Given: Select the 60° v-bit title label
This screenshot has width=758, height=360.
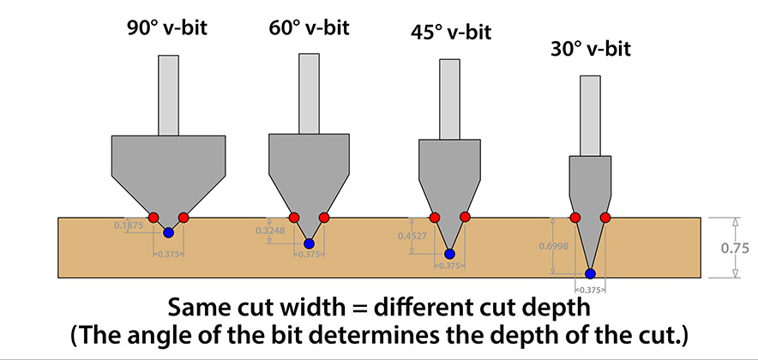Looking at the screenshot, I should [309, 26].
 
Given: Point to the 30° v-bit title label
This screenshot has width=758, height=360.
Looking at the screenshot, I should [590, 49].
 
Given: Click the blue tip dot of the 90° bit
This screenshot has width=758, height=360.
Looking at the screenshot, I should [168, 231].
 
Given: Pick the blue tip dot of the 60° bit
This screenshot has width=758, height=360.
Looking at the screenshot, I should [309, 244].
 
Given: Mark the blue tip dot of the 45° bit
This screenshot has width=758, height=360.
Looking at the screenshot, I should [450, 254].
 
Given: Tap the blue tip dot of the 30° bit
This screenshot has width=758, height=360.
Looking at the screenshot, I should [590, 274].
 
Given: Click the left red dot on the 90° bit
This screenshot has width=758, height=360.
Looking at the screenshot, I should [153, 217].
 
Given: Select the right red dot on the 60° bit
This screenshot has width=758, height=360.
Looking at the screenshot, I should [324, 217].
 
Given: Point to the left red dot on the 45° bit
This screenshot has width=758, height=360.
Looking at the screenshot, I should [435, 217].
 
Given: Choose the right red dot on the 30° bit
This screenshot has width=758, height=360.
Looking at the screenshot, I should [605, 218].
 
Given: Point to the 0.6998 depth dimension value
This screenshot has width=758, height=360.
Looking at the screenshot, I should [554, 246].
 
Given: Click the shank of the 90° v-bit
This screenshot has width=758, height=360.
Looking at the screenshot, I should [168, 94].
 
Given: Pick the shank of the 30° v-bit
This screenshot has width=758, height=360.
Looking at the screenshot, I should [590, 116].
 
